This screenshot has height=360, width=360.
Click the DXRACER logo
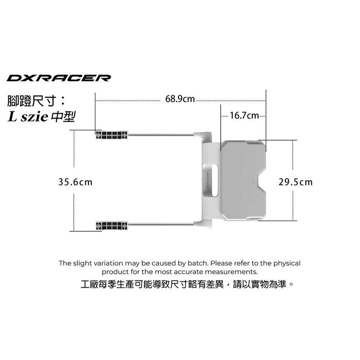[59, 78]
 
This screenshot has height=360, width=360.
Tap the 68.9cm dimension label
[180, 99]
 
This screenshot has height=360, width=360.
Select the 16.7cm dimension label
[244, 116]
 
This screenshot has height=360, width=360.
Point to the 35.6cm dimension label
[75, 182]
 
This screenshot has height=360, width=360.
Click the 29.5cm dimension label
[296, 182]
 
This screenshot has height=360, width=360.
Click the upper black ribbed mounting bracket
[111, 135]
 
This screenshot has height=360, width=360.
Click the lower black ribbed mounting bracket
[111, 226]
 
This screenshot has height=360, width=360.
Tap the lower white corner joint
[203, 223]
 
